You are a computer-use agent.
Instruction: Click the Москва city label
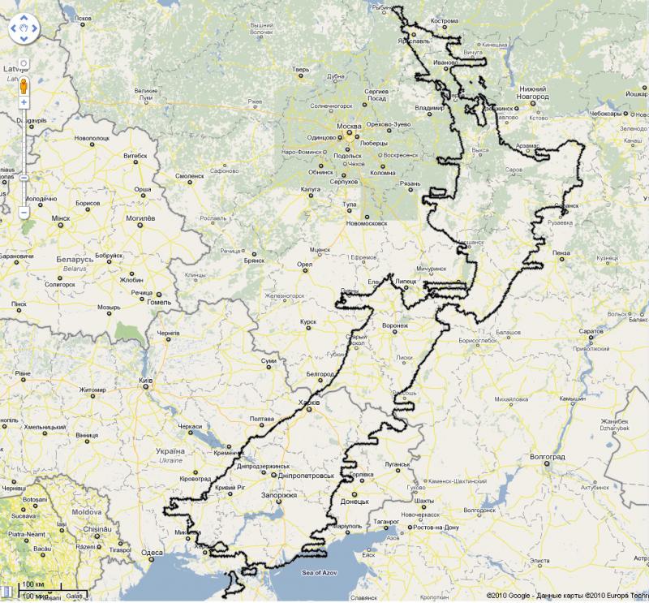pyautogui.click(x=348, y=127)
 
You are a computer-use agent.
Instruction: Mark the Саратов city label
pyautogui.click(x=590, y=332)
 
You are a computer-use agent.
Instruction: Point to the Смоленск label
pyautogui.click(x=190, y=175)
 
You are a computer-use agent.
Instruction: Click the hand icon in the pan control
pyautogui.click(x=24, y=32)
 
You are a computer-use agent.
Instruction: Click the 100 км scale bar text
pyautogui.click(x=33, y=584)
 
